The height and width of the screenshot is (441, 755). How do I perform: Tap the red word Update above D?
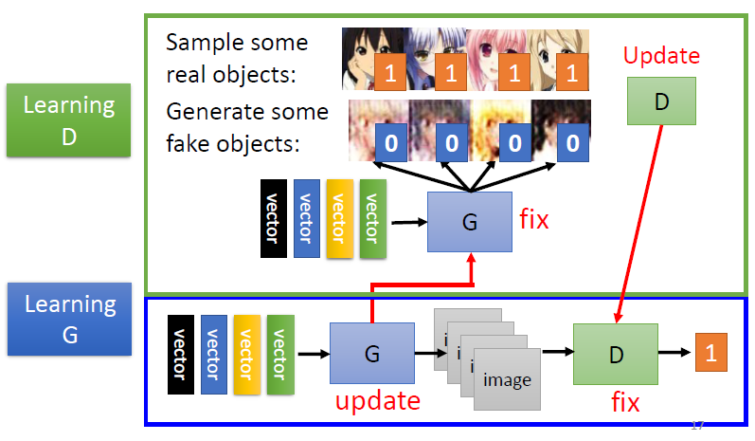pos(661,55)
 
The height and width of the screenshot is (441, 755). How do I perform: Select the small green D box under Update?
pos(660,100)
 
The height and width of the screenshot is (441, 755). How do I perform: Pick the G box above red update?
pos(371,353)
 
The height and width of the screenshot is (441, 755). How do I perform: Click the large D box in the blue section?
pos(615,353)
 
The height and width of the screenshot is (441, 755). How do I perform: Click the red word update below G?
pos(377,400)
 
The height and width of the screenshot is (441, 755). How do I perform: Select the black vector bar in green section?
pos(273,218)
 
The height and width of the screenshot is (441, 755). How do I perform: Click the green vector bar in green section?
pos(370,218)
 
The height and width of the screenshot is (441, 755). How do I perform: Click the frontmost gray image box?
pos(506,379)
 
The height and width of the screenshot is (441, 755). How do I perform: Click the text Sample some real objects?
pos(237,57)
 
